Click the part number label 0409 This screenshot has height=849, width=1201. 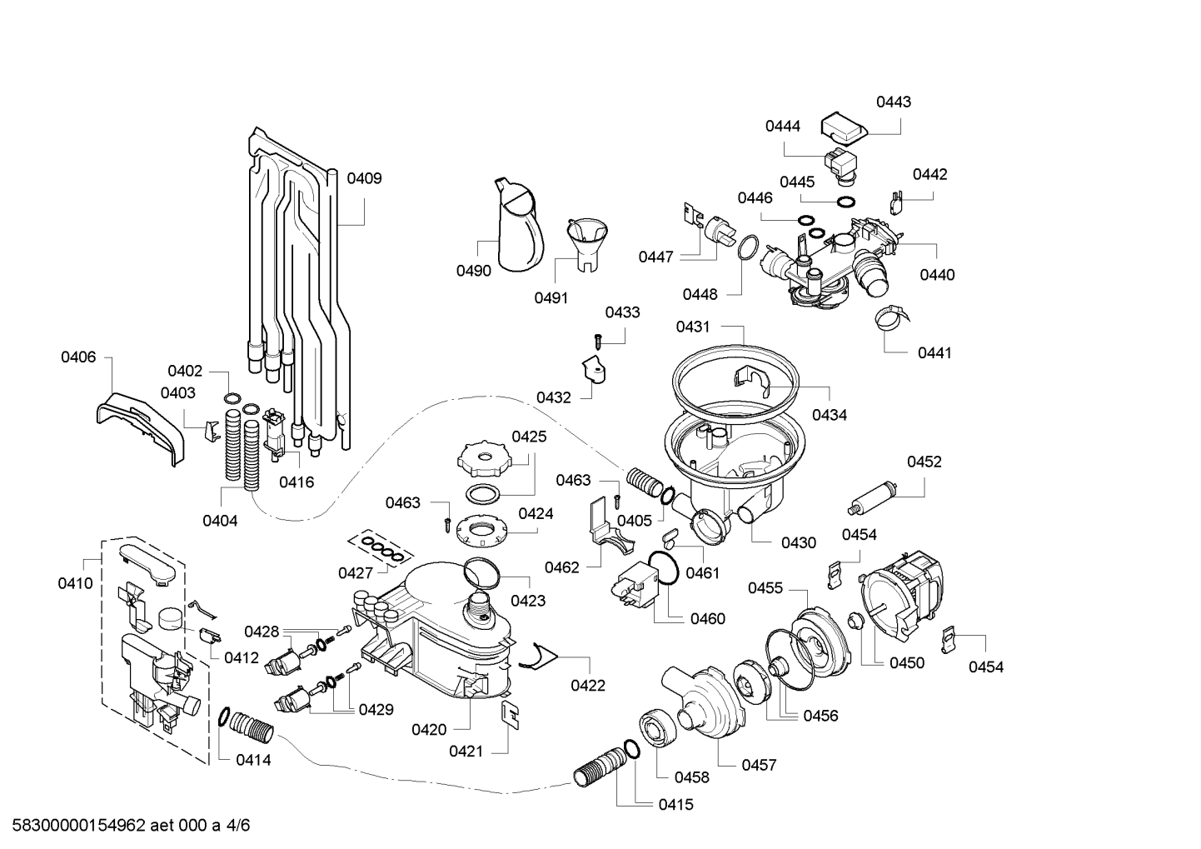pos(364,178)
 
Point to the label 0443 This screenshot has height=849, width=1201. pos(893,102)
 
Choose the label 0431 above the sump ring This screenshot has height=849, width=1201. pos(693,327)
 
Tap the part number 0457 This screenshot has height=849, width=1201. pos(760,765)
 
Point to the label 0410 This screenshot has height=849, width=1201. pos(75,583)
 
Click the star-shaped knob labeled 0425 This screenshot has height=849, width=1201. pos(484,458)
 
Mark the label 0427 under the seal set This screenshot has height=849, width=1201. pos(356,573)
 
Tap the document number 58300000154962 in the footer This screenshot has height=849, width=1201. pos(79,826)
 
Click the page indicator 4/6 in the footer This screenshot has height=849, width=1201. pos(238,826)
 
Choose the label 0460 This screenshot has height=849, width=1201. pos(708,619)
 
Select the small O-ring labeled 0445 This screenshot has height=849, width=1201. pos(846,202)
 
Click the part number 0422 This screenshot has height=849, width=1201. pos(588,686)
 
